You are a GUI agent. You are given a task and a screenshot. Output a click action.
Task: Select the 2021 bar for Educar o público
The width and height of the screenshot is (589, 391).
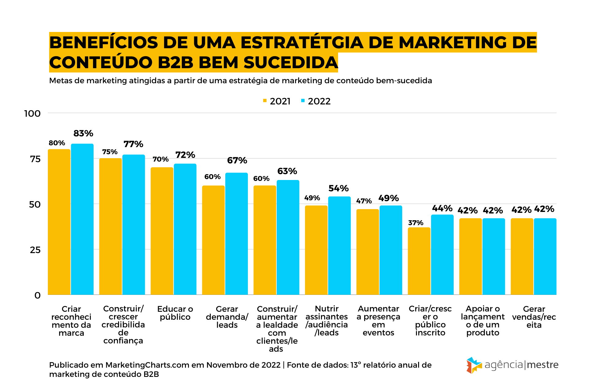point(162,231)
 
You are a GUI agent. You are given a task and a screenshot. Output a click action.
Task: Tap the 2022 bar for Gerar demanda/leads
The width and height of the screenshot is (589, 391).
point(237,234)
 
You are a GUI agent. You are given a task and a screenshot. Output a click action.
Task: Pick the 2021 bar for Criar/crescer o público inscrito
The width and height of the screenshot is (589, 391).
point(419,261)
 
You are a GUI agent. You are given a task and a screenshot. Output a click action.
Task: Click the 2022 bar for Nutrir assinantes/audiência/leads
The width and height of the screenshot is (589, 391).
point(339,245)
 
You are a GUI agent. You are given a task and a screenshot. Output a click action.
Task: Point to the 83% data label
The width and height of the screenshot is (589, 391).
point(83,134)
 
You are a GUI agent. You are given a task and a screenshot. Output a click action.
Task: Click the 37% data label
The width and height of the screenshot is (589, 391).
point(415,223)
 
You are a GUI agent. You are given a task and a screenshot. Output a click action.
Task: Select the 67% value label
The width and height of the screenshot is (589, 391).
point(237,160)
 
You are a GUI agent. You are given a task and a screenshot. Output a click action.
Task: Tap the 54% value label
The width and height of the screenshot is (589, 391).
point(338,188)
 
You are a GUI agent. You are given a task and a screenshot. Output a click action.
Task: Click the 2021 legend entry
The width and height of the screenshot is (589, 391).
point(277,101)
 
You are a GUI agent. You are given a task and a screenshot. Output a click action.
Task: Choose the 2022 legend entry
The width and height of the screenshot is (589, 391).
point(316,101)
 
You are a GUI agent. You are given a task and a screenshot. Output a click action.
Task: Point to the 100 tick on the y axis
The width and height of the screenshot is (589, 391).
point(32,114)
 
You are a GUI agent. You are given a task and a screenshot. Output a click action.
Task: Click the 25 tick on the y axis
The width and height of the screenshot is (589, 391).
point(35,250)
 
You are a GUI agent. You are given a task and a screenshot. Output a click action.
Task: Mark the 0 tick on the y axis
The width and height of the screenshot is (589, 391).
point(37,295)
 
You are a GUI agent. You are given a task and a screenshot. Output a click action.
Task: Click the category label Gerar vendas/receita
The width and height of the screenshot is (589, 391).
point(534,317)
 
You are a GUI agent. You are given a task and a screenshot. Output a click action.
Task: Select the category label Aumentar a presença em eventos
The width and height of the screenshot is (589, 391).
point(378,321)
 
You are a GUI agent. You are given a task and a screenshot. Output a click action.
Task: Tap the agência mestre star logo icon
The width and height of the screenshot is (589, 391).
point(474,365)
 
